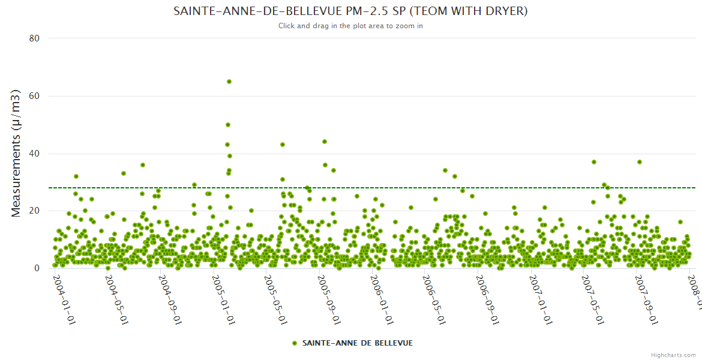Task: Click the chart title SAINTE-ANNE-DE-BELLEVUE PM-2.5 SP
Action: [350, 11]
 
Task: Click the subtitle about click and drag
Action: [350, 26]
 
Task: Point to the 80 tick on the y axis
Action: [34, 38]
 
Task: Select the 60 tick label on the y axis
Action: [34, 96]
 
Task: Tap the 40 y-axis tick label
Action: [34, 154]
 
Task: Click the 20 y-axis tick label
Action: [34, 211]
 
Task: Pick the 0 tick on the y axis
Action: [37, 269]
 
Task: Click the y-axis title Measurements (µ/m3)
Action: [17, 153]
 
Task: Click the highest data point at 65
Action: [229, 82]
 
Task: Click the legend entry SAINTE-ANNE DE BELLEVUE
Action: [352, 343]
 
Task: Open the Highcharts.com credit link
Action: [673, 355]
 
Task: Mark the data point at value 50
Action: [228, 125]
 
